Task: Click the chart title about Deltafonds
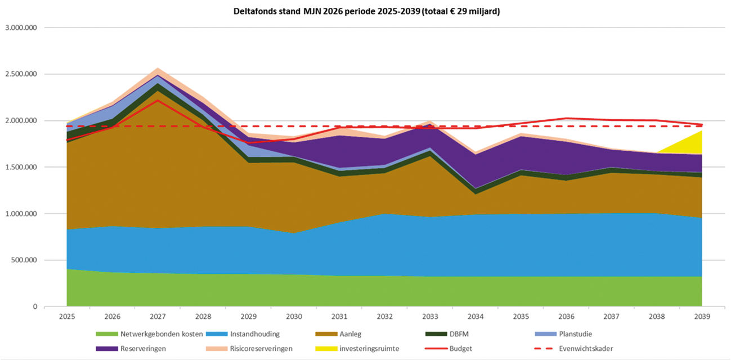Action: click(x=365, y=11)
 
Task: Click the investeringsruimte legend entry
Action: click(x=369, y=349)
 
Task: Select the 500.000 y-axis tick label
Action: click(x=23, y=260)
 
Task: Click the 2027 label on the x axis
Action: click(x=158, y=317)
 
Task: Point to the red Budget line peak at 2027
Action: click(x=158, y=100)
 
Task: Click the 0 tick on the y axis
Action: click(x=34, y=307)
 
